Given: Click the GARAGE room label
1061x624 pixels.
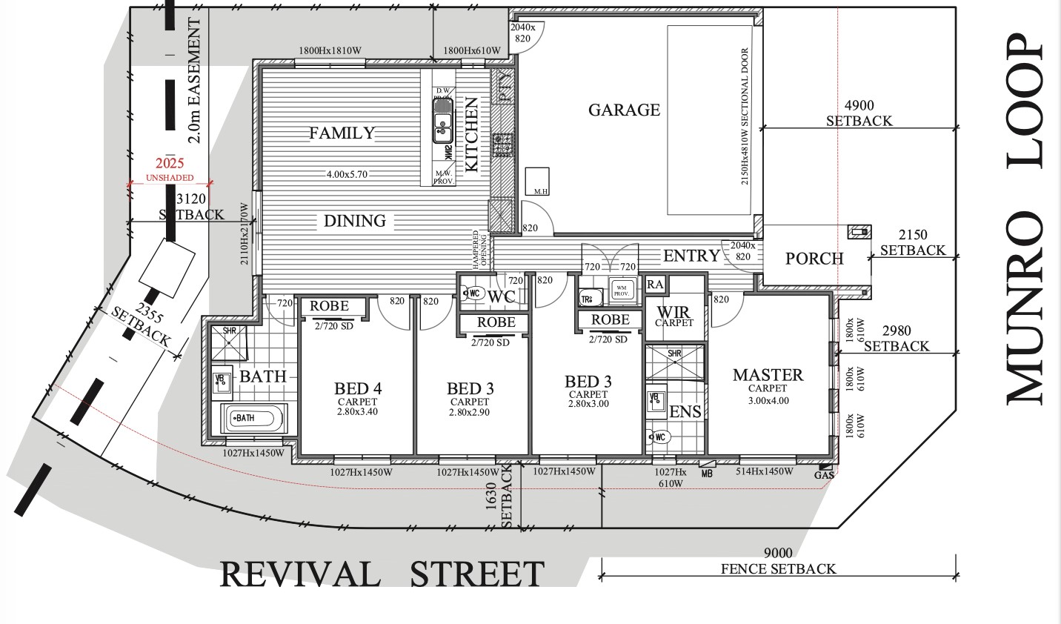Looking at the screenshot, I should tap(624, 110).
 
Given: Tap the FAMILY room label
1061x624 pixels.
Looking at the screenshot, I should tap(342, 133).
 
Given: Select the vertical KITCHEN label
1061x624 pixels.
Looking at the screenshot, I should tap(471, 135).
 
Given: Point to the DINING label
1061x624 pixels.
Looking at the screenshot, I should tap(355, 221).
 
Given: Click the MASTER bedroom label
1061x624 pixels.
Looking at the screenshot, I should tap(768, 375).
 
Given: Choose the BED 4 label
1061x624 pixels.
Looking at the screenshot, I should tap(358, 388).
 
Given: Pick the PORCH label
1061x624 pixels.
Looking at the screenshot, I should tap(814, 259).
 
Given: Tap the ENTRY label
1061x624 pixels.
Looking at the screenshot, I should tap(691, 256).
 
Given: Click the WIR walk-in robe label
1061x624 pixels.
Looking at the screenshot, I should tap(673, 313).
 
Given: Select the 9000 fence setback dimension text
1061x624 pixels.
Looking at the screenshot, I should tap(778, 553).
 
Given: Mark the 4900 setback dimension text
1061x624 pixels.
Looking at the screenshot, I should tap(859, 106).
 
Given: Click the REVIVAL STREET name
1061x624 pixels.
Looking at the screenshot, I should tap(382, 575).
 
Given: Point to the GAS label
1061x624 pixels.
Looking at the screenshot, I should tap(824, 475).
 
